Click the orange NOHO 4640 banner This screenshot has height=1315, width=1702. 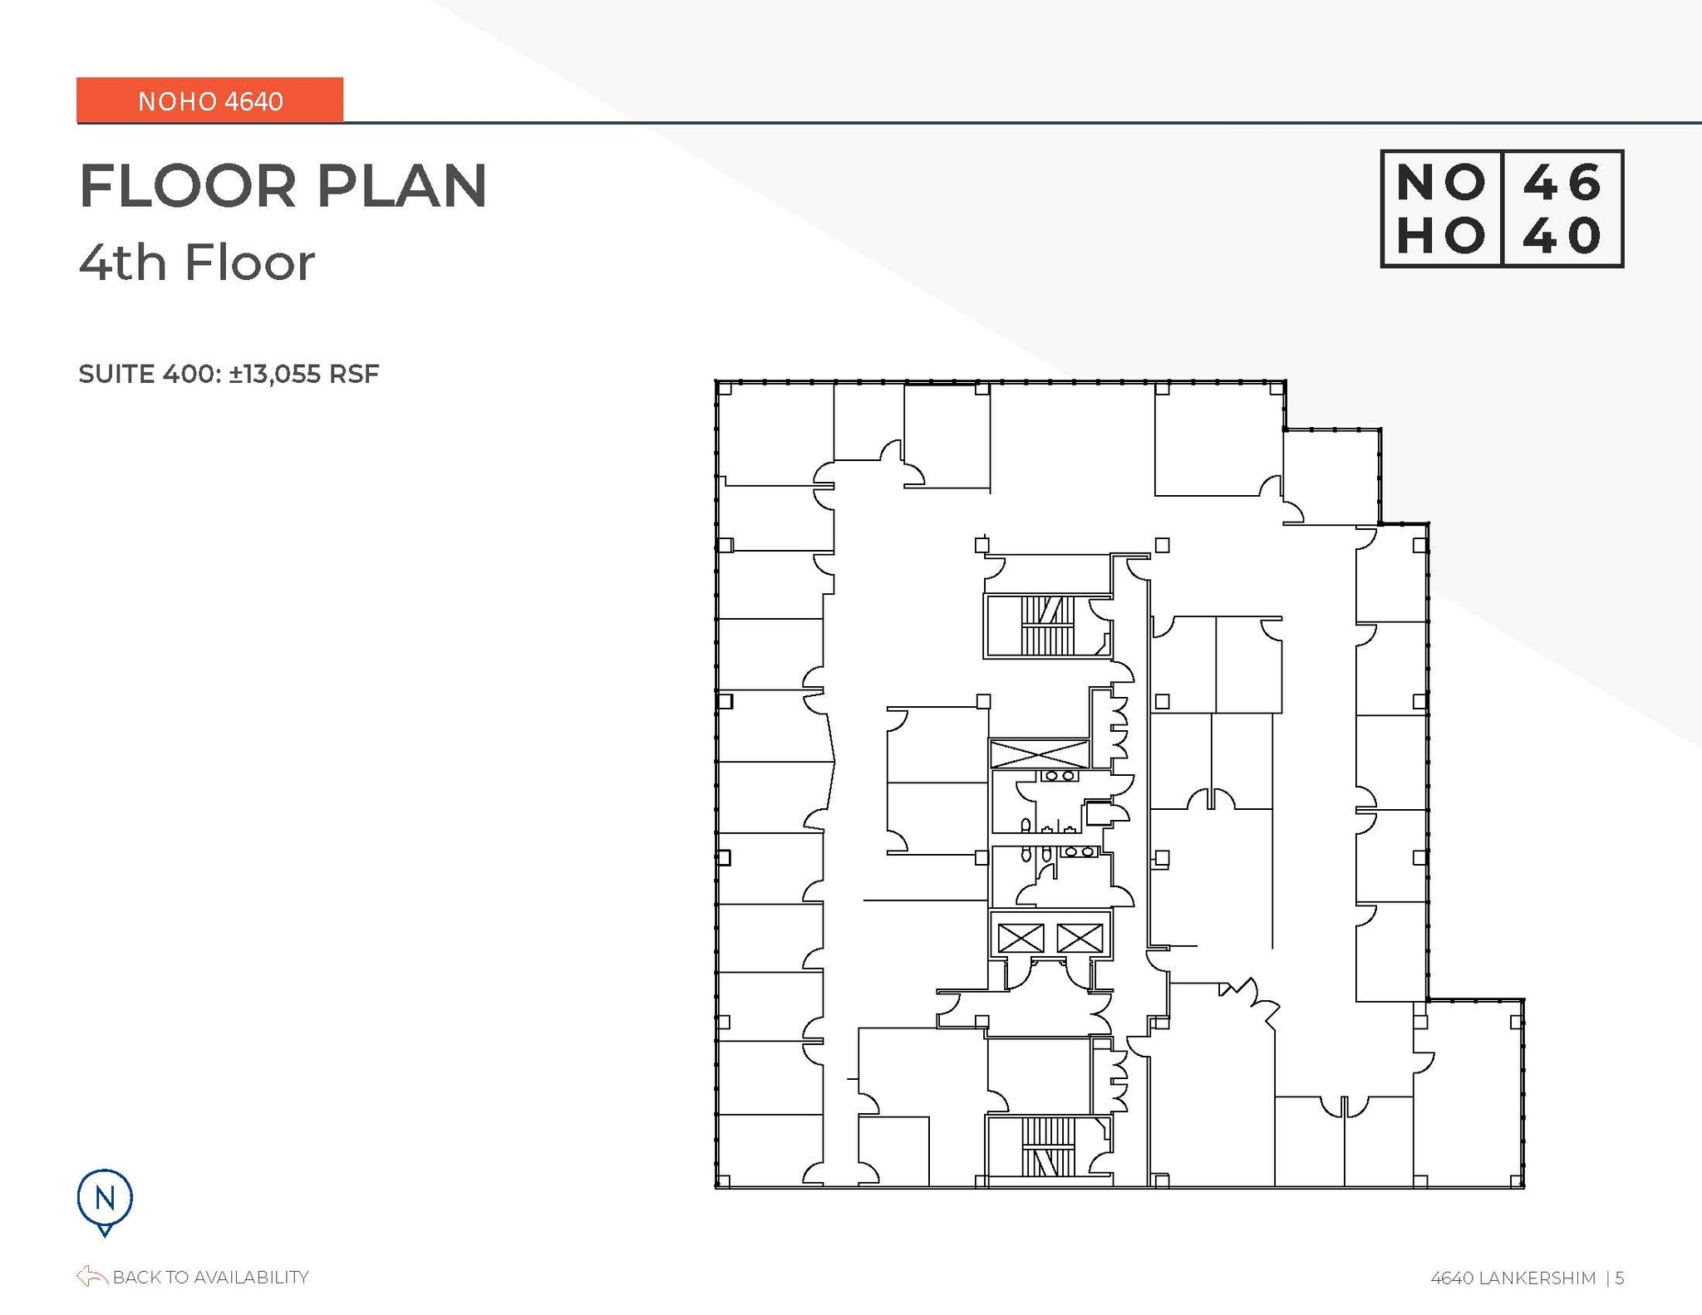pyautogui.click(x=209, y=101)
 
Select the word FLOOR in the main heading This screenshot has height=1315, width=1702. pyautogui.click(x=188, y=186)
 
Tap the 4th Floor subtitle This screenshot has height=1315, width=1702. pyautogui.click(x=197, y=263)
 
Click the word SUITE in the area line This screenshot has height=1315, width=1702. pyautogui.click(x=117, y=374)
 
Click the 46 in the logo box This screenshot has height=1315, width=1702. pyautogui.click(x=1562, y=182)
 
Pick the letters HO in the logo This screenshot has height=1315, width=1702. pyautogui.click(x=1440, y=236)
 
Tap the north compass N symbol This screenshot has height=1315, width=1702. pyautogui.click(x=105, y=1198)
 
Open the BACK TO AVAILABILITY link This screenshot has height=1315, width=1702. pyautogui.click(x=210, y=1277)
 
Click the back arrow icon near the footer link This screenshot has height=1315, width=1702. pyautogui.click(x=91, y=1276)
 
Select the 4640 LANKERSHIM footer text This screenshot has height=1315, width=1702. pyautogui.click(x=1513, y=1278)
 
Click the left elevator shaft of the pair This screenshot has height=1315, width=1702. pyautogui.click(x=1020, y=939)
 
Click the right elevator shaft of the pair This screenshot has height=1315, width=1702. pyautogui.click(x=1079, y=939)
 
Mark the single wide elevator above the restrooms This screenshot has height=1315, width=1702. pyautogui.click(x=1039, y=754)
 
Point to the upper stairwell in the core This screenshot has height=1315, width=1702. pyautogui.click(x=1047, y=626)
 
